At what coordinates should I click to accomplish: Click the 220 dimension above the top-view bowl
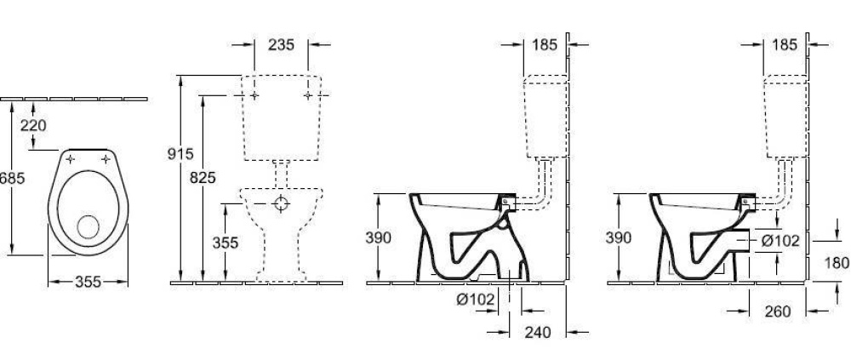pyautogui.click(x=33, y=126)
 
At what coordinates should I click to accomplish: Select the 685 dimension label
pyautogui.click(x=9, y=180)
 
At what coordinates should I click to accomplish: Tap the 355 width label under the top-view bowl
pyautogui.click(x=89, y=283)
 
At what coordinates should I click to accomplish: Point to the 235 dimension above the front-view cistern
pyautogui.click(x=282, y=44)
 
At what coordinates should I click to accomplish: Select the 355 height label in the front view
pyautogui.click(x=225, y=242)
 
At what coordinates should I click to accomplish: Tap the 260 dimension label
pyautogui.click(x=778, y=312)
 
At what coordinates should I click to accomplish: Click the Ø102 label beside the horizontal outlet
pyautogui.click(x=781, y=240)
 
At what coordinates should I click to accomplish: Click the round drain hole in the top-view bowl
pyautogui.click(x=89, y=226)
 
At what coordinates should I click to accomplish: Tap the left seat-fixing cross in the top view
pyautogui.click(x=71, y=160)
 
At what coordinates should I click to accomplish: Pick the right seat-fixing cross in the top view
pyautogui.click(x=106, y=160)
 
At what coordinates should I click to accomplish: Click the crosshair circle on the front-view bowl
pyautogui.click(x=282, y=203)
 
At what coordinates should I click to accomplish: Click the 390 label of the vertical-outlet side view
pyautogui.click(x=380, y=238)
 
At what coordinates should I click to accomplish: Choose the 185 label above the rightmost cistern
pyautogui.click(x=786, y=44)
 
